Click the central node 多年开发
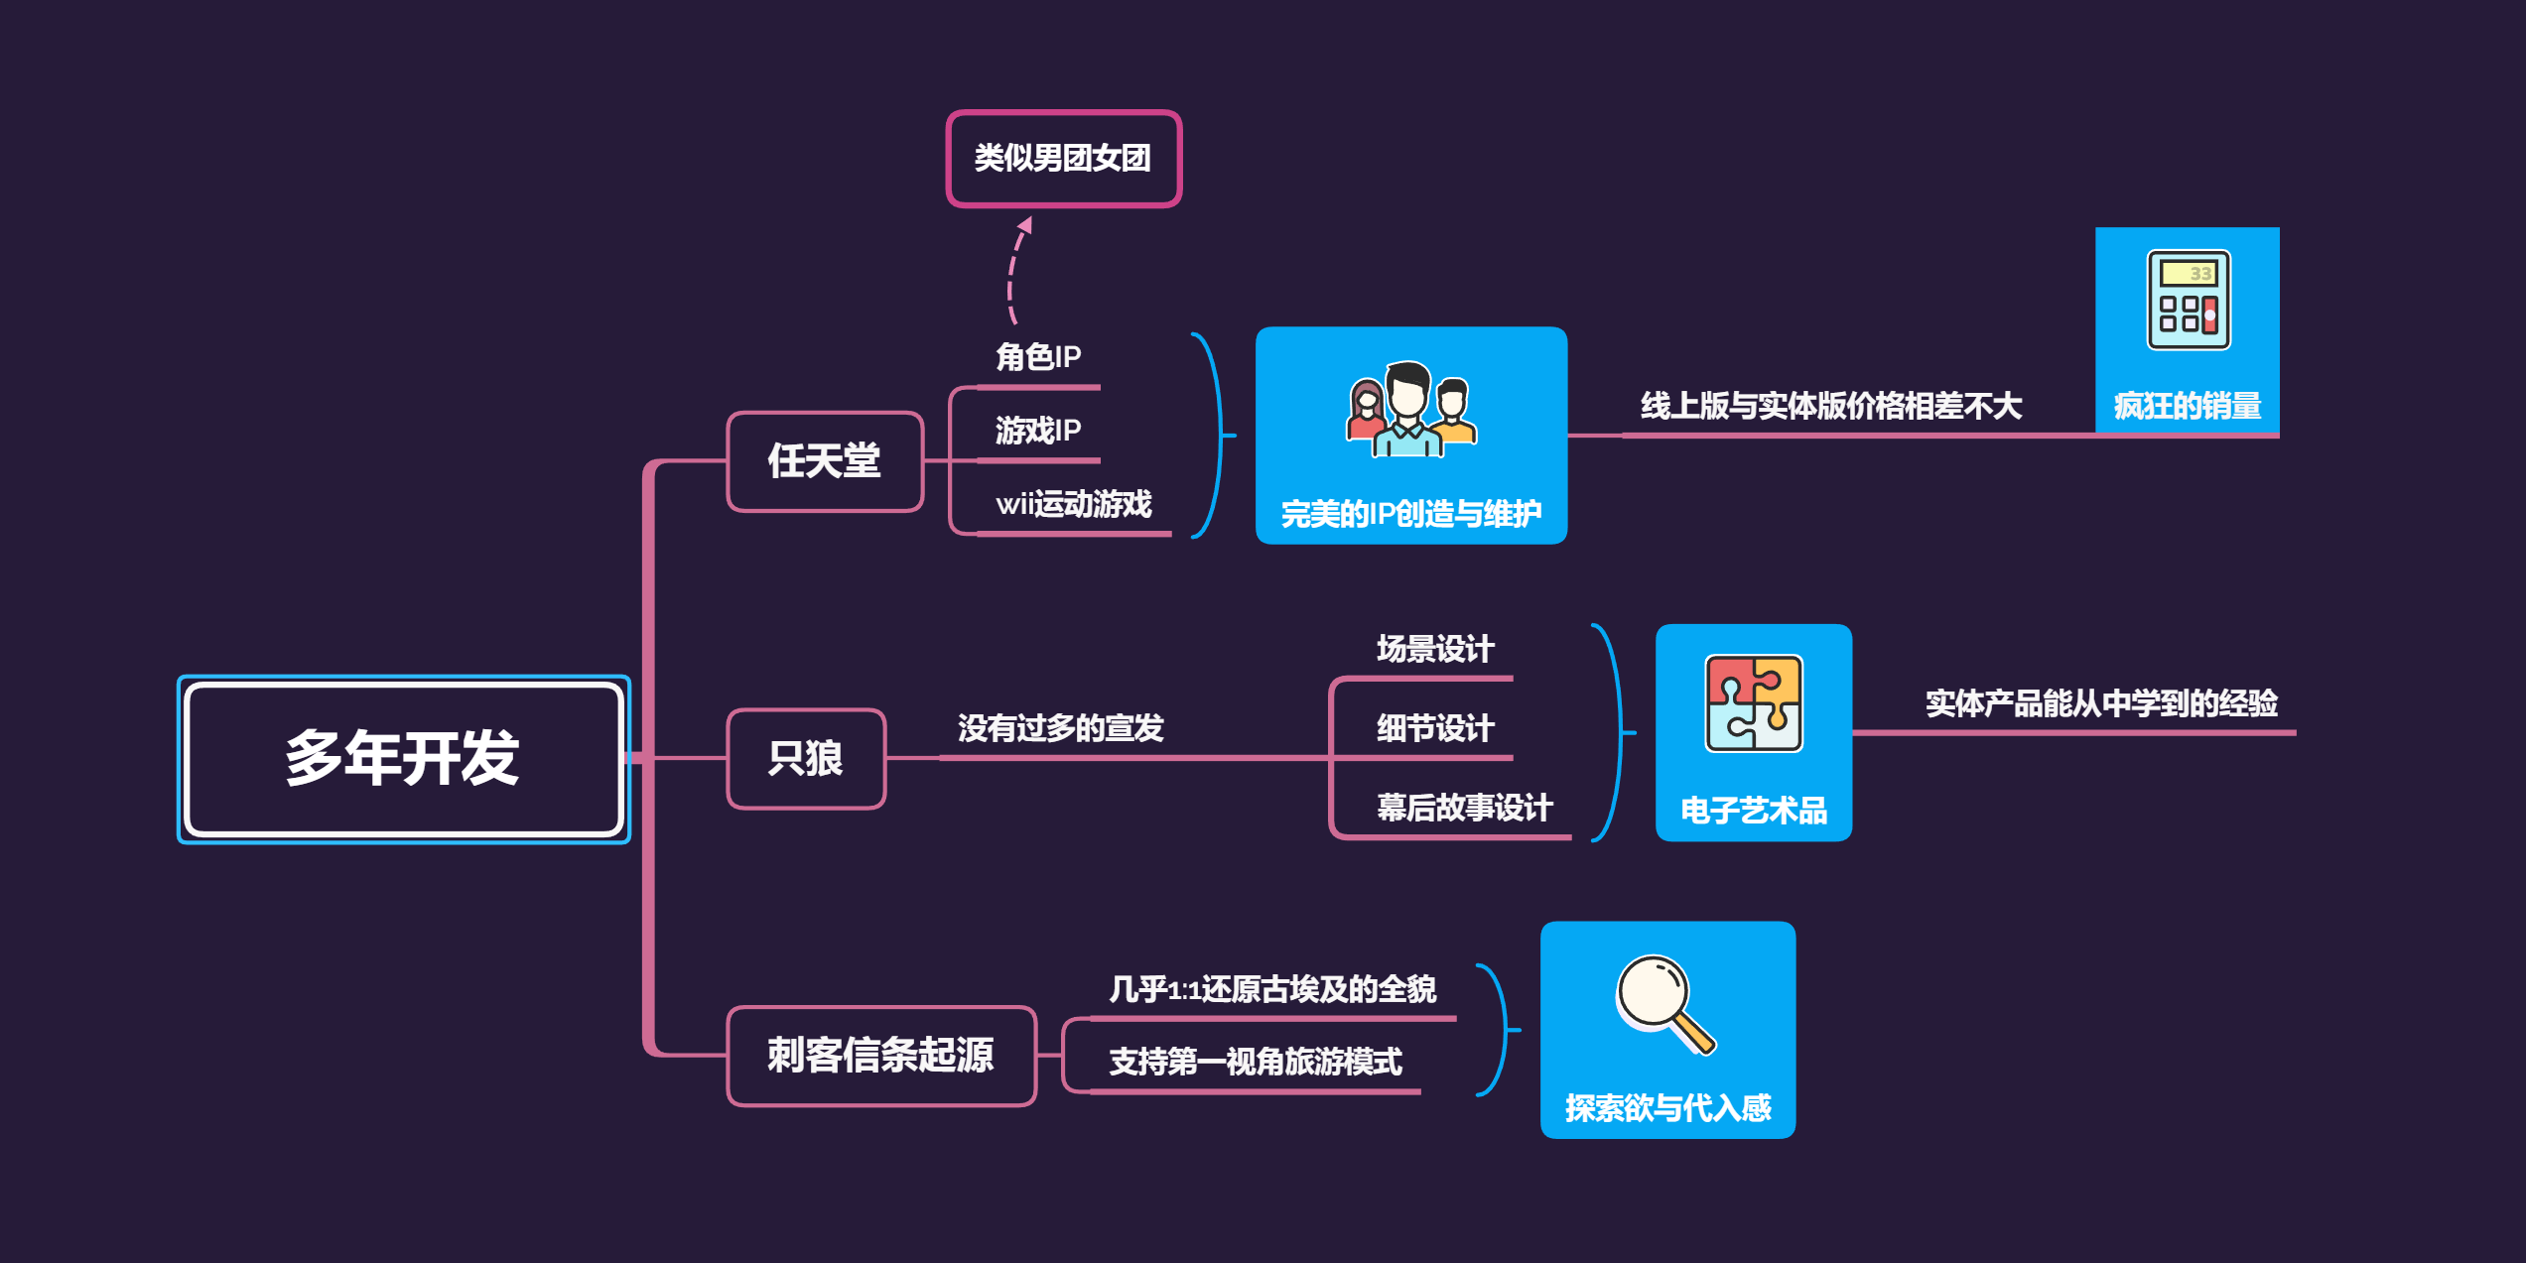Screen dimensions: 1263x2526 (403, 759)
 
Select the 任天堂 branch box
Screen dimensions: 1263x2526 (825, 461)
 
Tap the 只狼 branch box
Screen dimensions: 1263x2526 (806, 759)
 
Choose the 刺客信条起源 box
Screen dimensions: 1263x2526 (880, 1056)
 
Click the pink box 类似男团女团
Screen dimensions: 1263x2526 (1063, 159)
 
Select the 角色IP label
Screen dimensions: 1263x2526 (1038, 357)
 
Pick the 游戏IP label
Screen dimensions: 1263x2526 (1038, 431)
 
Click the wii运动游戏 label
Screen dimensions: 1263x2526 (1074, 504)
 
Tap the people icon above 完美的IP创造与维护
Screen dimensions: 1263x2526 (1410, 410)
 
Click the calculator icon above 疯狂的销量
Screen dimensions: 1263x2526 (2189, 300)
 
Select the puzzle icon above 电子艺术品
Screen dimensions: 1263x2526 (1754, 702)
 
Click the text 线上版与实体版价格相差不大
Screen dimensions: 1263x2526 (1831, 406)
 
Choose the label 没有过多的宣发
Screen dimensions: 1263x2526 (1060, 728)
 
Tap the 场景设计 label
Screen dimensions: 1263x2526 (1435, 649)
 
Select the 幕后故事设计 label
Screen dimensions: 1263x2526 (1464, 808)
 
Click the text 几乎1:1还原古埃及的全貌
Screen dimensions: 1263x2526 (1272, 989)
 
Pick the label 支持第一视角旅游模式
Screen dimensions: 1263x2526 (1256, 1063)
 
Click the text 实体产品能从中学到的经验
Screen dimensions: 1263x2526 (2101, 703)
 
